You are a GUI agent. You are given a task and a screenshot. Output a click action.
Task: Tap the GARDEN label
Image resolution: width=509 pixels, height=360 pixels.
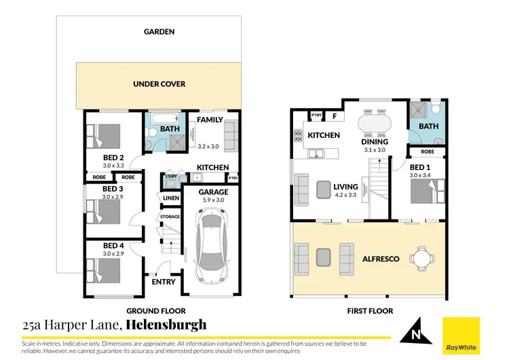pos(159,31)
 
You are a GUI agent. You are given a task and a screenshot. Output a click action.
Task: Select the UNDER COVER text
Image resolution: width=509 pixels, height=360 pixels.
pos(159,84)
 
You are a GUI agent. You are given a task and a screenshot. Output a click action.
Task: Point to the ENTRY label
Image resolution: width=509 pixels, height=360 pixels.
pos(164,282)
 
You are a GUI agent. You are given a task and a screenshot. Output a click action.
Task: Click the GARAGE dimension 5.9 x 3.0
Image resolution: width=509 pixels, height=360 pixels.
pos(214,200)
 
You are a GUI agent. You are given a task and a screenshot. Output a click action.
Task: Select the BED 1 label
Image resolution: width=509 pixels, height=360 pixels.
pos(419,167)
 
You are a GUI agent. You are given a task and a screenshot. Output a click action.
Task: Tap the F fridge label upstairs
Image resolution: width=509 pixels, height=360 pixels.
pos(334,116)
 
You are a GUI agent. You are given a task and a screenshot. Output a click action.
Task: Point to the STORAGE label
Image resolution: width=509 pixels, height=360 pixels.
pos(170,217)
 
